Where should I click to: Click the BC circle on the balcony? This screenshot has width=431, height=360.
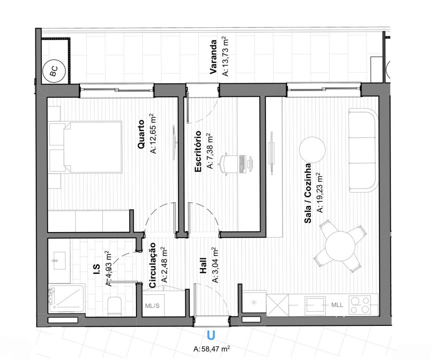point(54,71)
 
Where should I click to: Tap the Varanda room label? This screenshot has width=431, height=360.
point(213,57)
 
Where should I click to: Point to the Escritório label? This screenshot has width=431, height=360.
point(198,151)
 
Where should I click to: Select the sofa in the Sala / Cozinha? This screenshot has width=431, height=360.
point(363,150)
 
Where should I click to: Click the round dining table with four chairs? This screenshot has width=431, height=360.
point(340,246)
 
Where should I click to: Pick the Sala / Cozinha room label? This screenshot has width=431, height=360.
point(308,193)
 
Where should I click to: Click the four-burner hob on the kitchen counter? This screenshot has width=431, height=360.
point(360,304)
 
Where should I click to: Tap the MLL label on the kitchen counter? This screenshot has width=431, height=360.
point(337,305)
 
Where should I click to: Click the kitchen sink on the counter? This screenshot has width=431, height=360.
point(315,305)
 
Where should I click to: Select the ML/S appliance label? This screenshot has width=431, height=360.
point(152,306)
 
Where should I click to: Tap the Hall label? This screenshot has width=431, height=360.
point(203,265)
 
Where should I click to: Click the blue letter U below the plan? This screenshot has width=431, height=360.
point(211,335)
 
